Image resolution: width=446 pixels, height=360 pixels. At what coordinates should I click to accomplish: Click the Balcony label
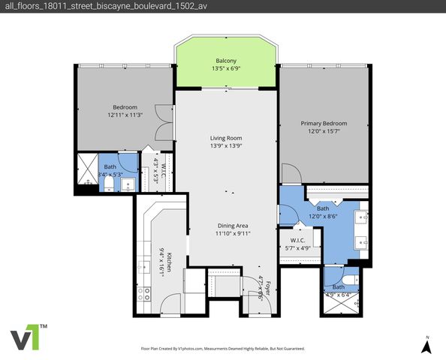click(227, 61)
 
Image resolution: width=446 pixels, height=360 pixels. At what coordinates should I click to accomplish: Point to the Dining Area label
click(233, 225)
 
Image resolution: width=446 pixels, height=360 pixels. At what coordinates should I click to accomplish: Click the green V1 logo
click(29, 337)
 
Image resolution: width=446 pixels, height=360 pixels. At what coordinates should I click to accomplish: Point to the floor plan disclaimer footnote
click(222, 349)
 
